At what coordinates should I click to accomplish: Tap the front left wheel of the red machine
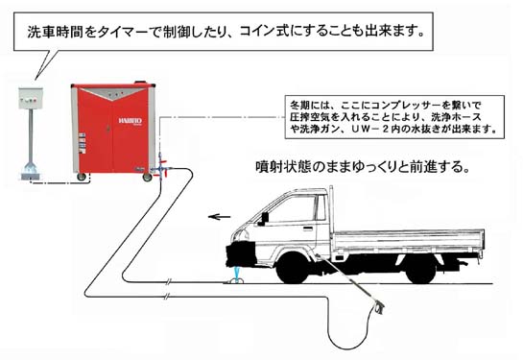pos(83,175)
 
